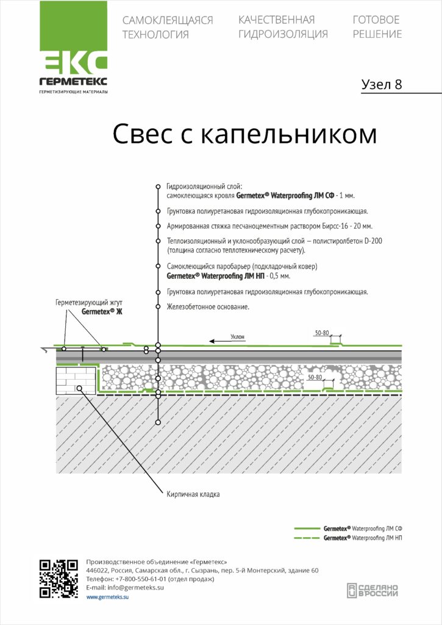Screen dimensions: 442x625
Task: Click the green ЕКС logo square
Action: (74, 37)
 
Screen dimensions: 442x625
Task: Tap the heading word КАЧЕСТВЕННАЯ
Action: (276, 20)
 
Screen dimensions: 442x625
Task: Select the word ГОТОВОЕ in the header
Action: (376, 20)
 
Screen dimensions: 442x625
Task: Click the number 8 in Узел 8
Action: (397, 84)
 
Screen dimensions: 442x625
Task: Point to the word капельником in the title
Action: (288, 134)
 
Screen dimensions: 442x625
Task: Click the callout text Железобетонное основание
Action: (208, 307)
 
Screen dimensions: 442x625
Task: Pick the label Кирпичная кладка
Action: (193, 494)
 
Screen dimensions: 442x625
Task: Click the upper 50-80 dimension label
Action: (322, 333)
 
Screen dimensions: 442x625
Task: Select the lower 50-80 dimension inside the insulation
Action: (315, 377)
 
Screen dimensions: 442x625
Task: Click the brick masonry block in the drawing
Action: (76, 381)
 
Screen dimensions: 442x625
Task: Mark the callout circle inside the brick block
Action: (79, 388)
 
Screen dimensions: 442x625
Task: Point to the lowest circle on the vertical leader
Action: (158, 422)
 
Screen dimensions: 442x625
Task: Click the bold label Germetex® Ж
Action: (102, 312)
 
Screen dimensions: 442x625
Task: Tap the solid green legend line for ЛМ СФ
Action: (307, 529)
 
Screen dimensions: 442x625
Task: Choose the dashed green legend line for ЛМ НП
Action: (307, 538)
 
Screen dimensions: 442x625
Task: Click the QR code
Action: (59, 579)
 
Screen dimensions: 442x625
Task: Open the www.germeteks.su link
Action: (107, 597)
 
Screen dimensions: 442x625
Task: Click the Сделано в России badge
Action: (372, 591)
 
